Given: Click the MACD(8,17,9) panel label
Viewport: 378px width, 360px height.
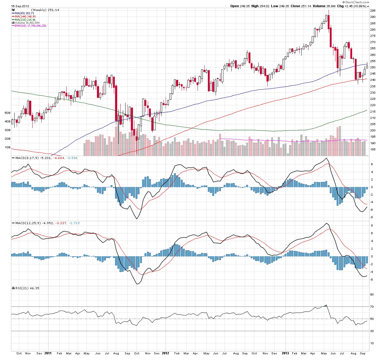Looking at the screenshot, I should point(27,158).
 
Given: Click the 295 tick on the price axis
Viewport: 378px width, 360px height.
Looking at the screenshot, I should point(372,11).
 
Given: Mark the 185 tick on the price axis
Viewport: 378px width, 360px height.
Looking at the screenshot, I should point(372,149).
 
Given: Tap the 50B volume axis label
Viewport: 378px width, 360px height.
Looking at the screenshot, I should point(7,113).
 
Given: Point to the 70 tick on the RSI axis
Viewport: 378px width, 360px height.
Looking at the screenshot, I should point(371,306).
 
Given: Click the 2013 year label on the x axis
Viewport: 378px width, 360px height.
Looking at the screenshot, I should point(285,353).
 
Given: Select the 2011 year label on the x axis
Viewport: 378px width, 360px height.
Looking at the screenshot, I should point(48,353).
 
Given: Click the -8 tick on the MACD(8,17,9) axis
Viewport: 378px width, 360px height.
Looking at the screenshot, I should point(371,217).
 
